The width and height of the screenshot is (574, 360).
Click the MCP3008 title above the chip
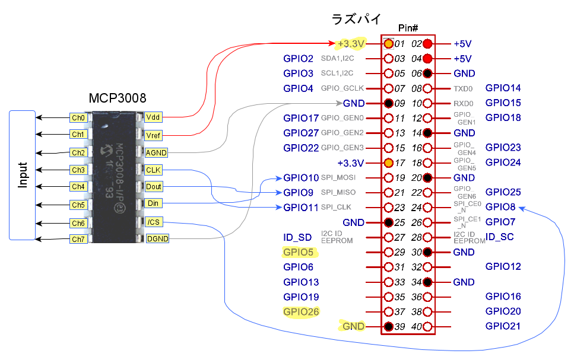coord(118,98)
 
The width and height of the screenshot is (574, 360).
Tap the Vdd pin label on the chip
coord(153,117)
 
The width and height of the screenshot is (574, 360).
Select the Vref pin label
coord(153,135)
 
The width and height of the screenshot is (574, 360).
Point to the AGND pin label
coord(156,152)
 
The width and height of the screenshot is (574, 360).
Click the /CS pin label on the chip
coord(153,222)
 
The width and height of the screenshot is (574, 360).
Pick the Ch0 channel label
coord(78,117)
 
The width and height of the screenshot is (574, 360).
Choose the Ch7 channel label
coord(78,239)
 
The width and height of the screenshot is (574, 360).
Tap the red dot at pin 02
coord(427,44)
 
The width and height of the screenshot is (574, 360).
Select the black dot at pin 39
coord(388,326)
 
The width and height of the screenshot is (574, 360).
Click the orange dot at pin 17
coord(388,163)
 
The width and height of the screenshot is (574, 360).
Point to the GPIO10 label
coord(301,177)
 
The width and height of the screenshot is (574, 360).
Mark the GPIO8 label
coord(500,208)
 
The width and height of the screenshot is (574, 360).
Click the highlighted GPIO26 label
coord(301,312)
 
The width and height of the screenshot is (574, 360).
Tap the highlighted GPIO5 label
coord(299,252)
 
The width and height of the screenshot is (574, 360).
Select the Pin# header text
coord(408,28)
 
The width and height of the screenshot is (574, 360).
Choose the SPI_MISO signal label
coord(339,193)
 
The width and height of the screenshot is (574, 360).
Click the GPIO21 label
coord(503,326)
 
